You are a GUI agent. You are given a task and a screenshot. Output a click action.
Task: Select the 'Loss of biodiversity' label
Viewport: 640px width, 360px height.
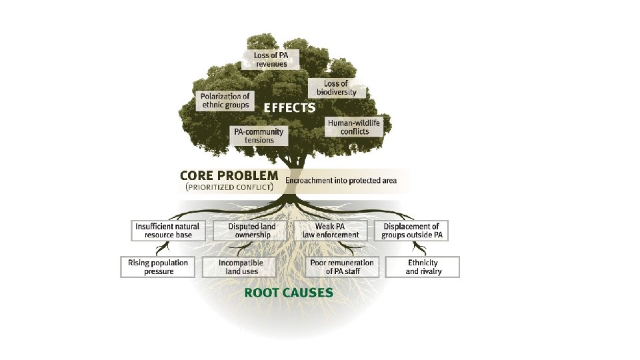tap(336, 88)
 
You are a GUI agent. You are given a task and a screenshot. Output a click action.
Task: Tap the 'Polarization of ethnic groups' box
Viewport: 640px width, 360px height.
tap(225, 101)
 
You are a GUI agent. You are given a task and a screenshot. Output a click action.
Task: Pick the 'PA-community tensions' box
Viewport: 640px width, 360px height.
tap(259, 135)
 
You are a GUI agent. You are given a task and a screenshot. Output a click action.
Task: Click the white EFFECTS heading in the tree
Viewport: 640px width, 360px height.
tap(289, 107)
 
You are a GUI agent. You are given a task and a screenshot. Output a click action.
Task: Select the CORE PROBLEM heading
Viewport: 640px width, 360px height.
tap(229, 176)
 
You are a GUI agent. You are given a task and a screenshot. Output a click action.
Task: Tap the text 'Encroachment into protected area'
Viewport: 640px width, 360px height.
tap(340, 180)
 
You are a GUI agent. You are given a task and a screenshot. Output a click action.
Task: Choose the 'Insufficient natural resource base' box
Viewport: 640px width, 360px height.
tap(167, 231)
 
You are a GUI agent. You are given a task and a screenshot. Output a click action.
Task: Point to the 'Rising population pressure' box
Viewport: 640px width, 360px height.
tap(158, 267)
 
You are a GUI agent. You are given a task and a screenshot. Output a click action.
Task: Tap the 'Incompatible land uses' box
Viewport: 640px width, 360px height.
tap(241, 267)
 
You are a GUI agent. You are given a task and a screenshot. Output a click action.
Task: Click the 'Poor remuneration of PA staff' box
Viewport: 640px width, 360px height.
tap(342, 267)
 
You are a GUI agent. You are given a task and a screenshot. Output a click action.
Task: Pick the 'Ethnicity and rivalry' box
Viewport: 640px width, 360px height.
tap(423, 267)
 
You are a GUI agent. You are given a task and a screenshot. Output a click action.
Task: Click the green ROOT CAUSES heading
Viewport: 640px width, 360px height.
tap(289, 292)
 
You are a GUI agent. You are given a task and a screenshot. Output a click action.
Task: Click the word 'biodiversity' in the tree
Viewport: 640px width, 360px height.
tap(336, 92)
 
